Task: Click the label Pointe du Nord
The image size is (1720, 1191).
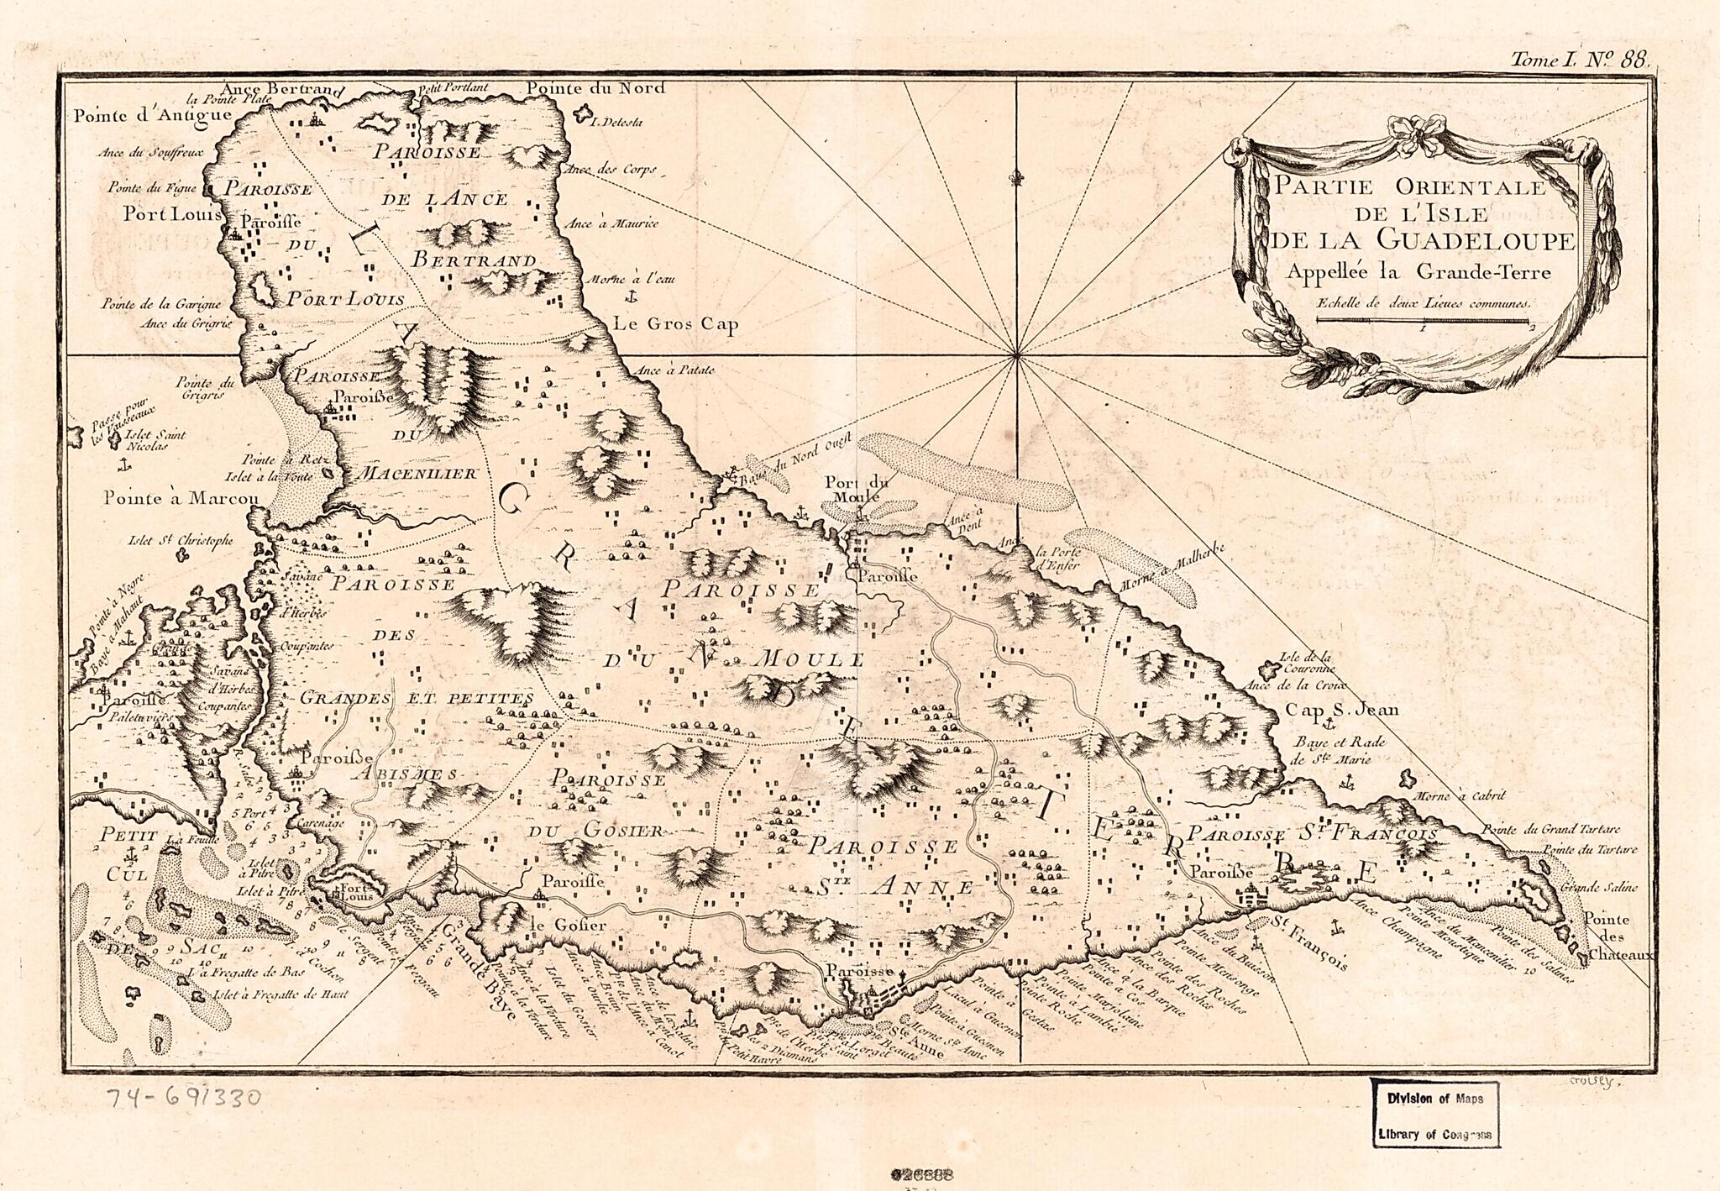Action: [x=595, y=88]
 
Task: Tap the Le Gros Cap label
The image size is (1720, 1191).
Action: [x=675, y=324]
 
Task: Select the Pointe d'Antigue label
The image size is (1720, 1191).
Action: [x=140, y=117]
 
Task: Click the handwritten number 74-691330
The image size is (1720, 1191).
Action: [x=184, y=1096]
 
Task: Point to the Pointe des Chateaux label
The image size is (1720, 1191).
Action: [x=1607, y=937]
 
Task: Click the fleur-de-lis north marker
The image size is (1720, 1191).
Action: [x=1018, y=178]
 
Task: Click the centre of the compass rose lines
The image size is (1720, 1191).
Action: [x=1018, y=356]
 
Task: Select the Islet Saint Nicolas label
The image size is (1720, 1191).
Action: [x=154, y=440]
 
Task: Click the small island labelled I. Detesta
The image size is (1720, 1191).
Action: [x=582, y=113]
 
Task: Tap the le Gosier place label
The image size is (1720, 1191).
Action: [x=568, y=925]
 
